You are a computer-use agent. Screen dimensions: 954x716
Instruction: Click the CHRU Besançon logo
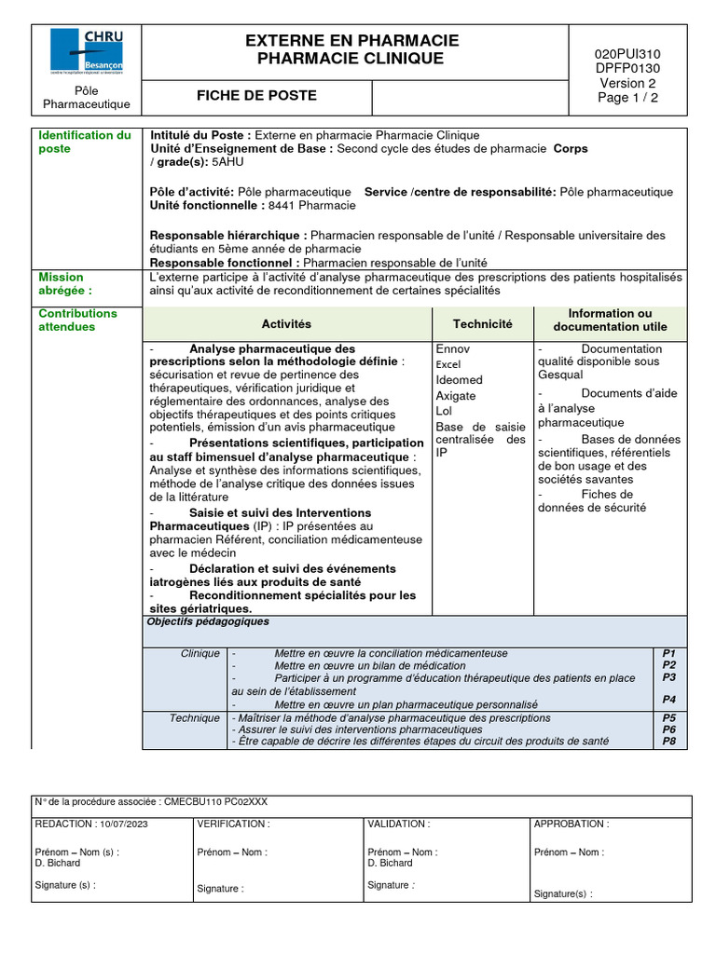pos(86,52)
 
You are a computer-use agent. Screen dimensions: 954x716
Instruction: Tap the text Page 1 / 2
pos(627,97)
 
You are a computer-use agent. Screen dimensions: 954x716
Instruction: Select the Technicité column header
pos(482,323)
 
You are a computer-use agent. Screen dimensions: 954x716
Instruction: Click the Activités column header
pos(286,323)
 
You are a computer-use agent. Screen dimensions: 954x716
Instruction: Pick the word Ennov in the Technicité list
pos(453,349)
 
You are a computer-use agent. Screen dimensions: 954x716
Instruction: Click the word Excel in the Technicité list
pos(448,364)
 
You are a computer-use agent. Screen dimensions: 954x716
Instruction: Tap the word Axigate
pos(456,395)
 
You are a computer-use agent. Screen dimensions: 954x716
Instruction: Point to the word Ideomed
pos(460,379)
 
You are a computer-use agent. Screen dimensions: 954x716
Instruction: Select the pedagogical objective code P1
pos(668,653)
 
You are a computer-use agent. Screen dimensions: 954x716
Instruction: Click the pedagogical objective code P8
pos(668,742)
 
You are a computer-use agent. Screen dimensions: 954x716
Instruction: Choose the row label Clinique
pos(200,653)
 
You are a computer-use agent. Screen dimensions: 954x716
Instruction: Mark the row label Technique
pos(195,718)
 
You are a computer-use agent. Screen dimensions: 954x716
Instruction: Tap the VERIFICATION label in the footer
pos(233,824)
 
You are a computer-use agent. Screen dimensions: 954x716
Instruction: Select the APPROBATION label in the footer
pos(571,824)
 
